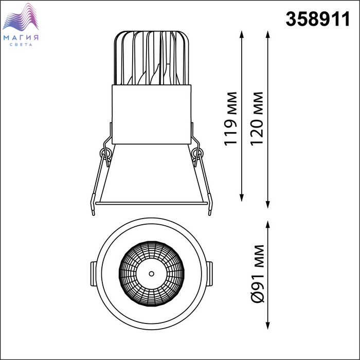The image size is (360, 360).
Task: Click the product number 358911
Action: point(317,19)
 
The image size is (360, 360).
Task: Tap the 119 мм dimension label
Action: point(230,119)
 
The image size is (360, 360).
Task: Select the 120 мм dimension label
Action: point(257,118)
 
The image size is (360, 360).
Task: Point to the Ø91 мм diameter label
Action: point(258,274)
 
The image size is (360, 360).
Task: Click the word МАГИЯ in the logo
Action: point(21,38)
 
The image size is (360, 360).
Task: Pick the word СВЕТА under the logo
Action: point(21,45)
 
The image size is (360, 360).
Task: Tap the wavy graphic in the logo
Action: point(21,17)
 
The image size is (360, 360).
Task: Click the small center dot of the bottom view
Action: point(151,274)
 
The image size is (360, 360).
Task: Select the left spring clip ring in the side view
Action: point(104,153)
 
